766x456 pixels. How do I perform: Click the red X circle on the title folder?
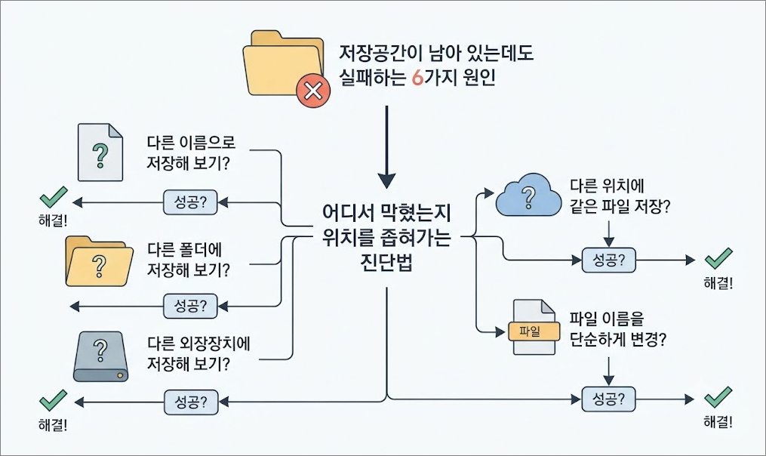click(313, 91)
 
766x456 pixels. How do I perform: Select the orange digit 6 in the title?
click(417, 78)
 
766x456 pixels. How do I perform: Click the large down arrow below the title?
click(386, 147)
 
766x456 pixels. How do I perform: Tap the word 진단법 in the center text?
click(386, 263)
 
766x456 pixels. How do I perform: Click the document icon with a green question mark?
click(100, 153)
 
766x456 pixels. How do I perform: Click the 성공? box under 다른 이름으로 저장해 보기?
click(190, 202)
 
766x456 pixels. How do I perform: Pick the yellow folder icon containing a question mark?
click(99, 261)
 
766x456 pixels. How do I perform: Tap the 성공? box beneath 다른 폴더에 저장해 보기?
click(190, 306)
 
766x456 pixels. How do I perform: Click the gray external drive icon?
click(100, 356)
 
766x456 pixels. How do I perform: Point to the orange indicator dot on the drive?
click(119, 376)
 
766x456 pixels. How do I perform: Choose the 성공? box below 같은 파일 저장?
click(609, 260)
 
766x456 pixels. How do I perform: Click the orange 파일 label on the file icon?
click(534, 331)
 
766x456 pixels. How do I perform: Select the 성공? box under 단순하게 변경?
click(609, 399)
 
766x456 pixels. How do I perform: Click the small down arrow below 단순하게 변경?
click(609, 371)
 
